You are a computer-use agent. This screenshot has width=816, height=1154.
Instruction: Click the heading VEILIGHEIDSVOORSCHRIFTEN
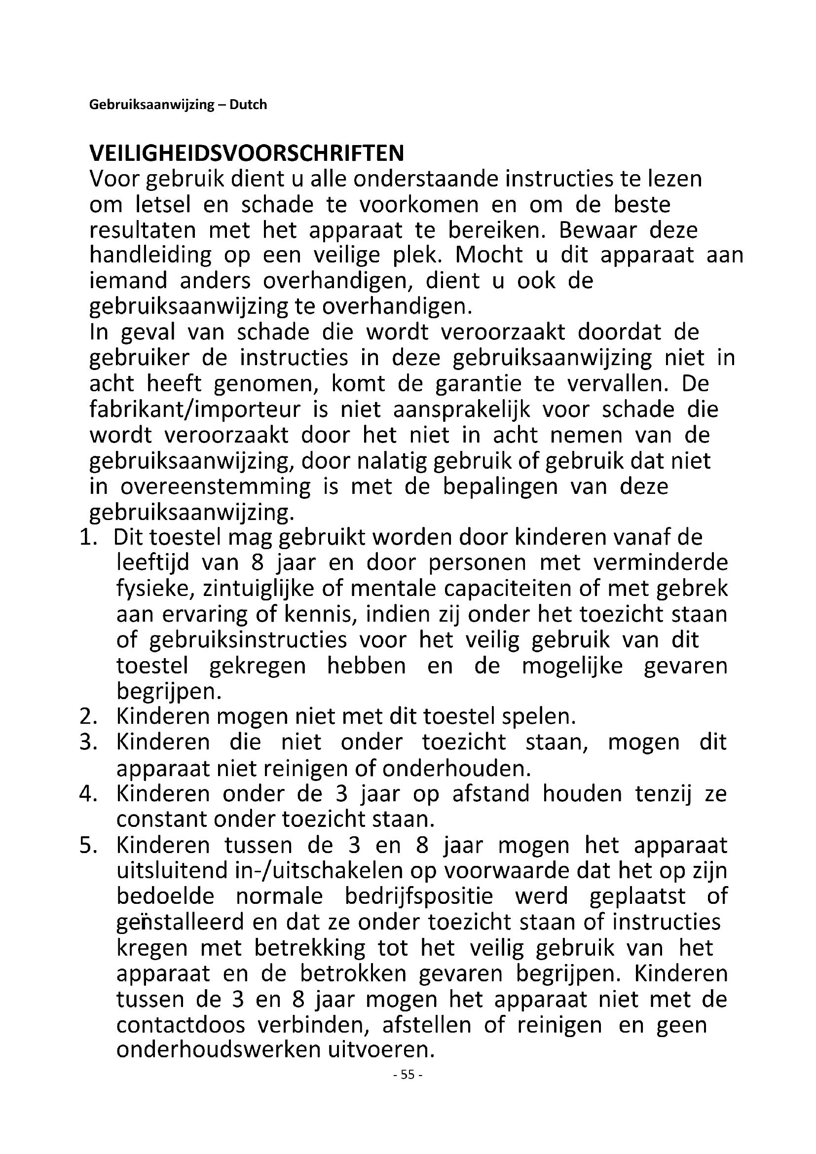pos(246,153)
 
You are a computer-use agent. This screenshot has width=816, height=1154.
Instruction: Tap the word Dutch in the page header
pos(248,105)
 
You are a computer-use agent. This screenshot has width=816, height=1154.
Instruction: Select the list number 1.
pos(87,537)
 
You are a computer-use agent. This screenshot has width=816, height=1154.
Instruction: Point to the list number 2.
pos(87,716)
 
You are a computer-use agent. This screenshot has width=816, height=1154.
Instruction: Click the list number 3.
pos(87,743)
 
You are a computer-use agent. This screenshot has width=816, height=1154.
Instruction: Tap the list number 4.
pos(87,794)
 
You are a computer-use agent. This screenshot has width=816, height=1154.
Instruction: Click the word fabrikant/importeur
pos(194,409)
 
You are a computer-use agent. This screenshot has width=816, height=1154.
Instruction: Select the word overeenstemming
pos(216,486)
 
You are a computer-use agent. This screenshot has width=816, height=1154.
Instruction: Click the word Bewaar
pos(597,231)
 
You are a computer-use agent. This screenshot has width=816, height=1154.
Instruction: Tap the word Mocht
pos(489,256)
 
